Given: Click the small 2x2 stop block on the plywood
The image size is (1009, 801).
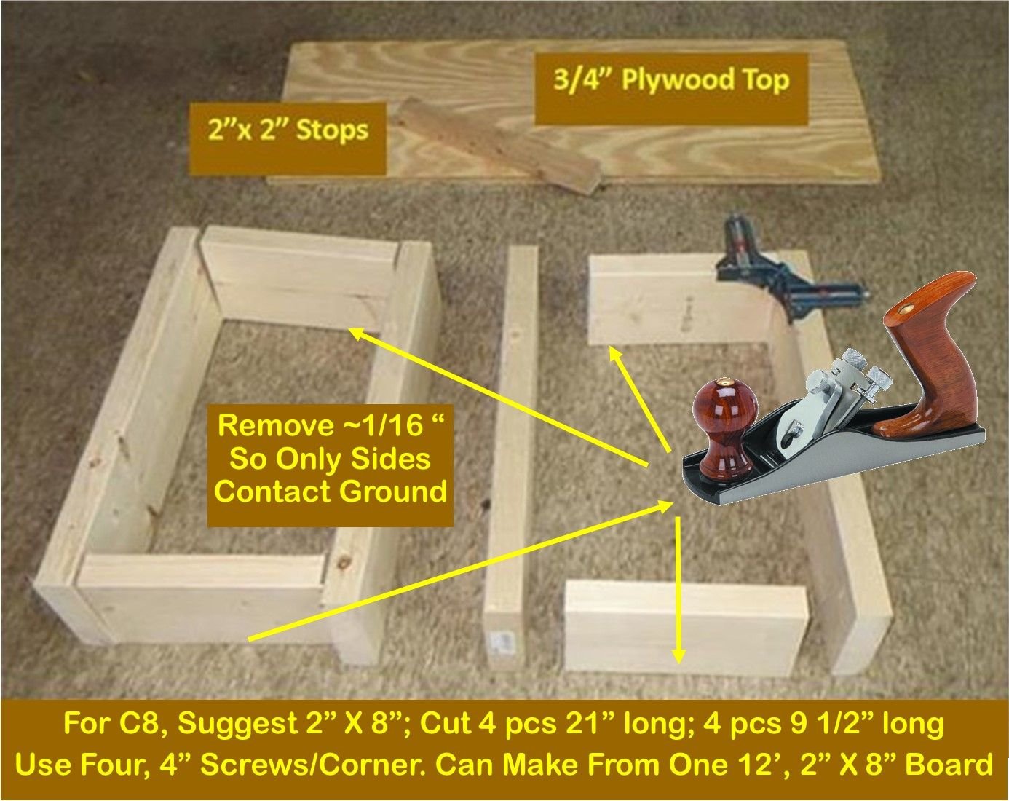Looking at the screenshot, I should click(x=502, y=146).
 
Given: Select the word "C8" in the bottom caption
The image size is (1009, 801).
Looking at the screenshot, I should click(x=143, y=724).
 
